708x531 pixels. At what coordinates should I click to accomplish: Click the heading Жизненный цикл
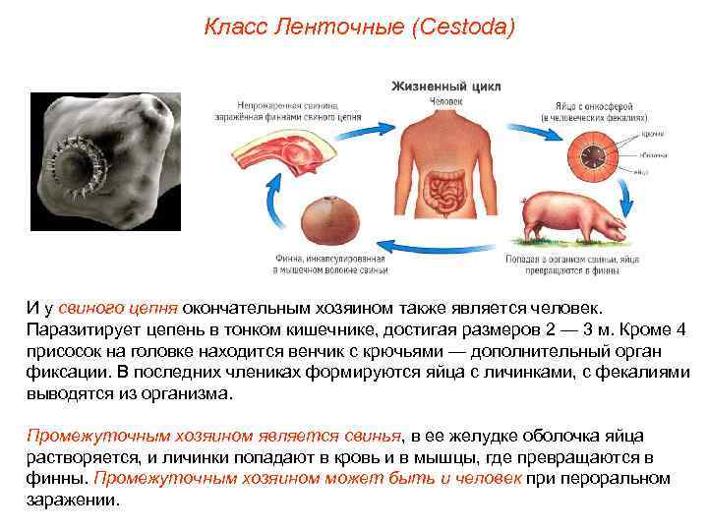point(445,86)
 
